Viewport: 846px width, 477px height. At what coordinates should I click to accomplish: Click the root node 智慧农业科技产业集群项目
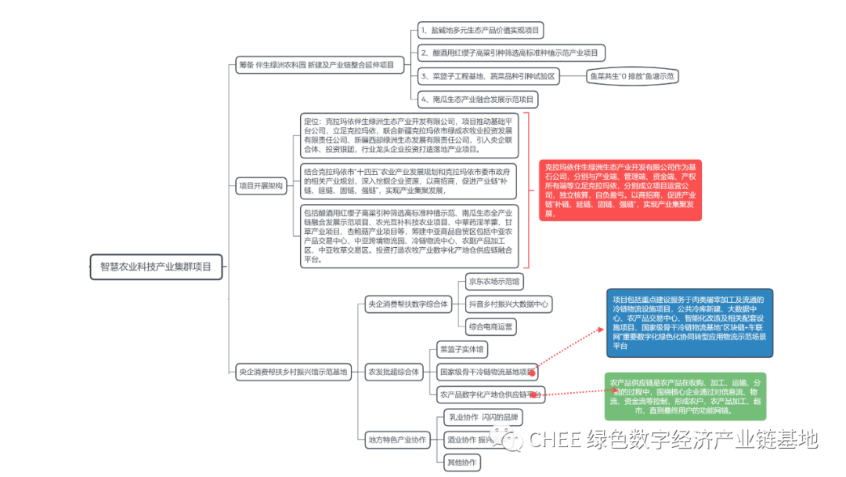pyautogui.click(x=156, y=266)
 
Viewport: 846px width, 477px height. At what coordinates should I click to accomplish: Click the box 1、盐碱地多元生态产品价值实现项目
pyautogui.click(x=479, y=31)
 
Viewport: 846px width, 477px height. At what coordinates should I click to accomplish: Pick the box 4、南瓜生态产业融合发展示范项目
pyautogui.click(x=477, y=99)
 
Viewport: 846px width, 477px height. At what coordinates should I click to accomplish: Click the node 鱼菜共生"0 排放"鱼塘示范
pyautogui.click(x=632, y=76)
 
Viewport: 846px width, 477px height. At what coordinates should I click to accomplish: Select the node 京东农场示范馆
pyautogui.click(x=493, y=281)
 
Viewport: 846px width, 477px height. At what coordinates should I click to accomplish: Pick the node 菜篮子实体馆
pyautogui.click(x=462, y=348)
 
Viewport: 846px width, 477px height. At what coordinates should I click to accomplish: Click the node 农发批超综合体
pyautogui.click(x=393, y=371)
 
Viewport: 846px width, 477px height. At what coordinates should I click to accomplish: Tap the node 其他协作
pyautogui.click(x=461, y=462)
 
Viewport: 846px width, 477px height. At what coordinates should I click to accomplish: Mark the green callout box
pyautogui.click(x=685, y=395)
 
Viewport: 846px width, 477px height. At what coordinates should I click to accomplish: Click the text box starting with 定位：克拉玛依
pyautogui.click(x=410, y=135)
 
